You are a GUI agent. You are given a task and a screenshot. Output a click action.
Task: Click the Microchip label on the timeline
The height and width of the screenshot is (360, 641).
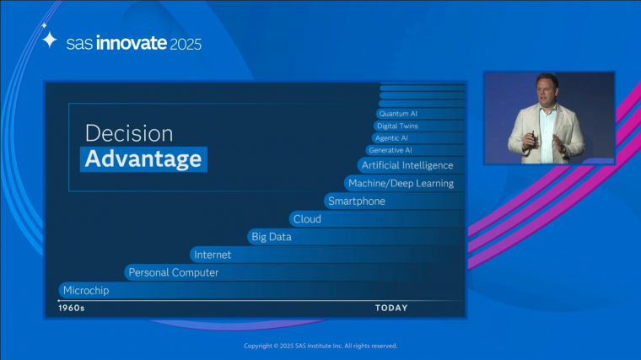(86, 291)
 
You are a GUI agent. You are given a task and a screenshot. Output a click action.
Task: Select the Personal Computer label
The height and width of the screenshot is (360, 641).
(174, 272)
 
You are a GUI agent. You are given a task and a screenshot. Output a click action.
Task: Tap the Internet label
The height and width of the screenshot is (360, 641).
(213, 255)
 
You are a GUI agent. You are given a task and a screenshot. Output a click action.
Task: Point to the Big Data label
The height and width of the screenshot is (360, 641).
(272, 237)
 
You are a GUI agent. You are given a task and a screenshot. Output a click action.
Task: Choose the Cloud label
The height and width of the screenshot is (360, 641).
(307, 219)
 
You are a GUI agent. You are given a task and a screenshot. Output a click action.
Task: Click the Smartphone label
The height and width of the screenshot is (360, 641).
(357, 201)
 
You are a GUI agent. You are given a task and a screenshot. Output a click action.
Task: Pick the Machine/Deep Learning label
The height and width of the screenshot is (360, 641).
(401, 184)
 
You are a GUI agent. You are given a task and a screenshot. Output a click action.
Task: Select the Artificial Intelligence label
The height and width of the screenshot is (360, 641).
(407, 165)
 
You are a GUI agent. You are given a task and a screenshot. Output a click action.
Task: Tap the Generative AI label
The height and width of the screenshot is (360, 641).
(391, 150)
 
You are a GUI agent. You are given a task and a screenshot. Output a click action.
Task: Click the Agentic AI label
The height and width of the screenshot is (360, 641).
(391, 138)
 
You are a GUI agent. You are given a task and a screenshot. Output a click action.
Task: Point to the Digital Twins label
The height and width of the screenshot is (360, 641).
(397, 126)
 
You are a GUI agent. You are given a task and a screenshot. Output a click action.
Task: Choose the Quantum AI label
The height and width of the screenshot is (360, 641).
(398, 114)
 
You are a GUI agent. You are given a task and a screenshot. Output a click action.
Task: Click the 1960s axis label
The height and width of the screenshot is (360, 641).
(72, 308)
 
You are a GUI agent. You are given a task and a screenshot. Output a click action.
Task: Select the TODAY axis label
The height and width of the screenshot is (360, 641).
(391, 308)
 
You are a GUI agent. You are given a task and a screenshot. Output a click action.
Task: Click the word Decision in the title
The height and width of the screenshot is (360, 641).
(129, 133)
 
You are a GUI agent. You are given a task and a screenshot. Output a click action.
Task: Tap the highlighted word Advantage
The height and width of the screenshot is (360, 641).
(143, 159)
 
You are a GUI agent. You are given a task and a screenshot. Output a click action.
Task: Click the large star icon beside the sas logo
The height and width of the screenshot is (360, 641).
(50, 40)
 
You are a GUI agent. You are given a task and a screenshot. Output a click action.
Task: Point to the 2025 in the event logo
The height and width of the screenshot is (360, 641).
(186, 44)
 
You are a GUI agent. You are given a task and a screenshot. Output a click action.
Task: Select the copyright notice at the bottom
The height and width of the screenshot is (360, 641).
(320, 346)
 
